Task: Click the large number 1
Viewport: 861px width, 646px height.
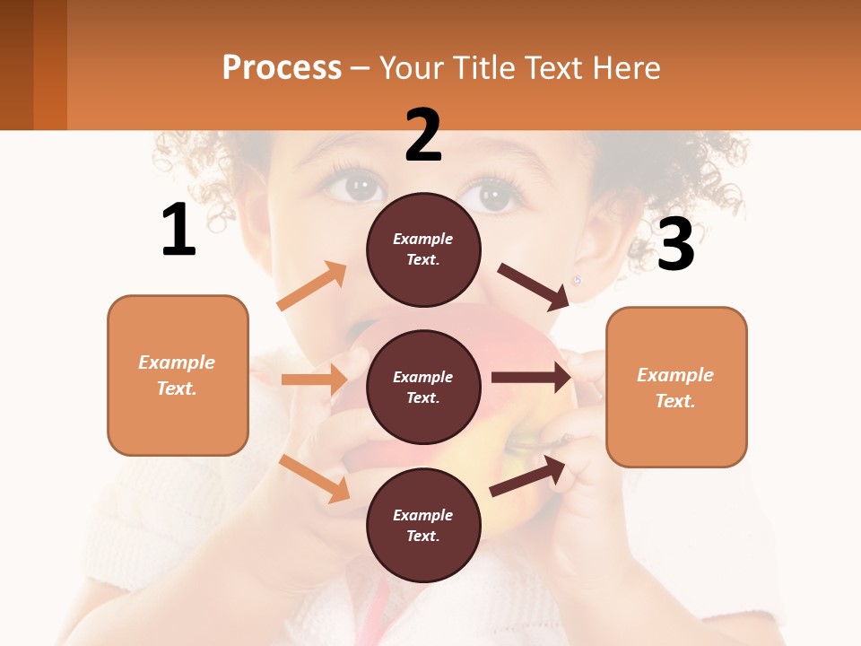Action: coord(178,231)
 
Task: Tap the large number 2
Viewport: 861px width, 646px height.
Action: coord(423,135)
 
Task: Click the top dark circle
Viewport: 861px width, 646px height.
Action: coord(423,249)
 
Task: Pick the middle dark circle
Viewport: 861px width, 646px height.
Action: coord(423,387)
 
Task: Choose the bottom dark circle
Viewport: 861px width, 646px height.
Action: coord(423,525)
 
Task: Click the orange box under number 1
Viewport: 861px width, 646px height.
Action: coord(178,375)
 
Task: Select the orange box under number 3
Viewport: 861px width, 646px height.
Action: coord(676,387)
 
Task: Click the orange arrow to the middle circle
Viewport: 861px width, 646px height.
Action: coord(314,380)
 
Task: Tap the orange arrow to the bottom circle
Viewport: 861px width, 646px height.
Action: coord(315,478)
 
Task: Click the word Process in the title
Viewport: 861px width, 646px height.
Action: coord(282,67)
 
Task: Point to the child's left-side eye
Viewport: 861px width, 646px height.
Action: coord(361,188)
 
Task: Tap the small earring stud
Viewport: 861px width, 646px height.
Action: coord(578,280)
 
